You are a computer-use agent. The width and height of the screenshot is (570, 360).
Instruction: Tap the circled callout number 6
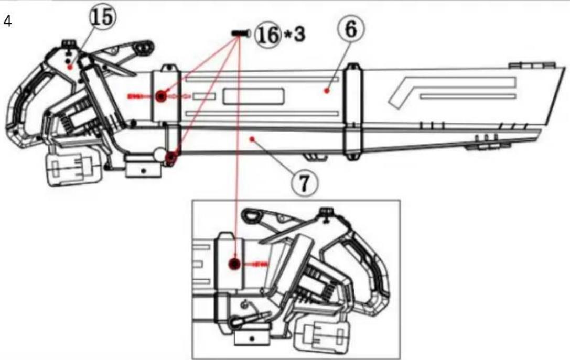(x=350, y=29)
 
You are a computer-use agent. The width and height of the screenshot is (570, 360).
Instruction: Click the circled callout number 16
(x=268, y=36)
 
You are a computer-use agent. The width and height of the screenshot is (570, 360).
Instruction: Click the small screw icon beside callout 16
(x=240, y=33)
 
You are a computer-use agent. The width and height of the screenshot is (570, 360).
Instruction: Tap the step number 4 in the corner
(x=7, y=22)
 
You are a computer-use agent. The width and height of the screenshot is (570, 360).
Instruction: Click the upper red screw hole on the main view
(x=160, y=96)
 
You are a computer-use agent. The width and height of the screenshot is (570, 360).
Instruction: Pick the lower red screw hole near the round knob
(x=171, y=157)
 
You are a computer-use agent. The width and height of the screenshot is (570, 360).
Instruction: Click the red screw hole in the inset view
(x=235, y=264)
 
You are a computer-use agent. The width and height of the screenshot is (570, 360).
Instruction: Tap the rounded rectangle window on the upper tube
(x=253, y=96)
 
